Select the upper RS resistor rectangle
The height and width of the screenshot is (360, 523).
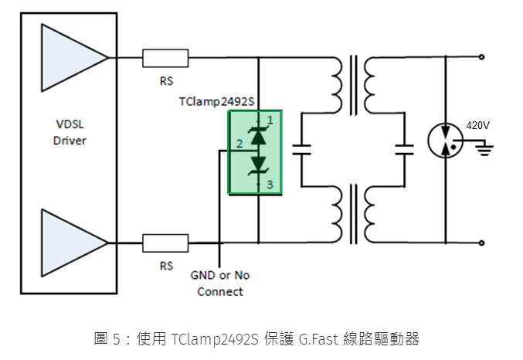(165, 57)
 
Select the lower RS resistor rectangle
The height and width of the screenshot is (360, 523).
(165, 243)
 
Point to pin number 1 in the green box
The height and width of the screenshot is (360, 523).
(270, 120)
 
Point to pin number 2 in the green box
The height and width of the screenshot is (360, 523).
(239, 144)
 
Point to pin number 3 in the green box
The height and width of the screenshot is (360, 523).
(270, 184)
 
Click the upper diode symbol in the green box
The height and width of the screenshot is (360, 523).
(256, 136)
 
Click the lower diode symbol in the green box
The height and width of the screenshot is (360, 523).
(256, 165)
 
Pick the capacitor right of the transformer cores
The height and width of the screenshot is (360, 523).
(403, 149)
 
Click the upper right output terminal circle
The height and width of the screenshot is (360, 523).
(482, 57)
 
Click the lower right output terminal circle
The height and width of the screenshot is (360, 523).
(482, 243)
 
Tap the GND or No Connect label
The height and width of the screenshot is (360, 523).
(219, 284)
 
